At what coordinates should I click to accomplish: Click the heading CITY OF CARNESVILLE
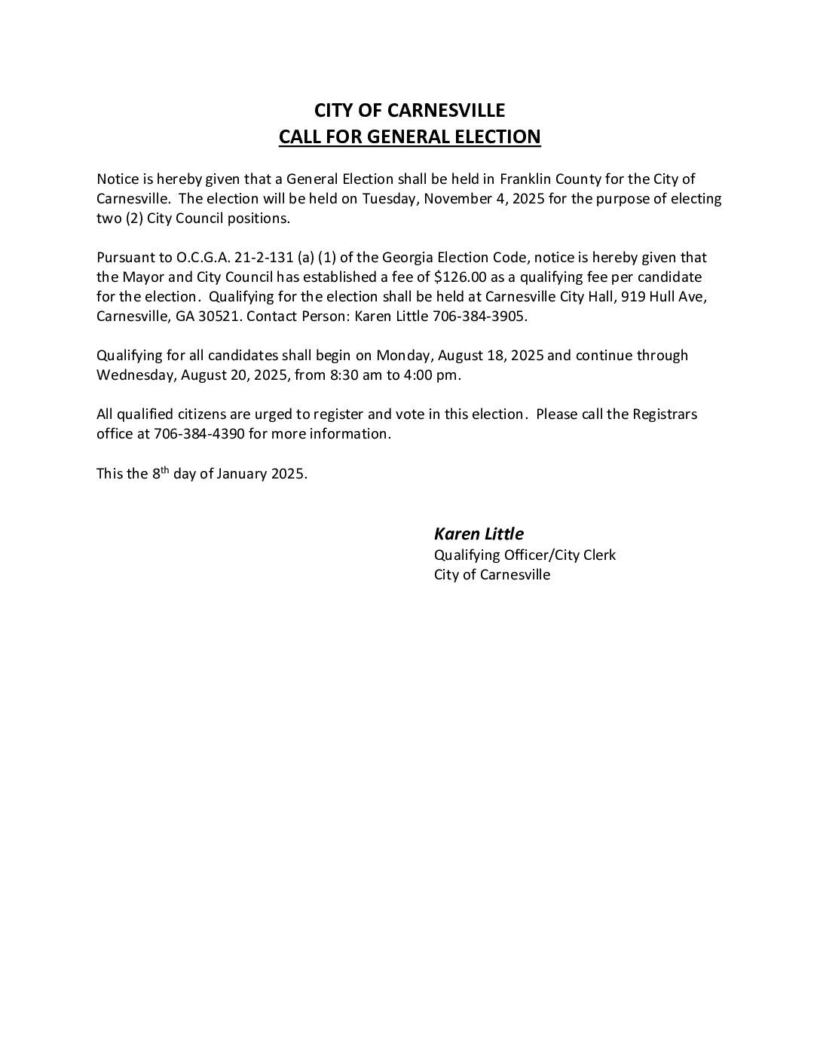coord(409,110)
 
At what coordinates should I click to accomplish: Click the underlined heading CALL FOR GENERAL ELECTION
coord(409,137)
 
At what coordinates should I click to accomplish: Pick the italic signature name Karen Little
coord(479,534)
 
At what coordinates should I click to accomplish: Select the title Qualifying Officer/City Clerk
coord(525,555)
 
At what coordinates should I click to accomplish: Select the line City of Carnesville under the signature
coord(492,575)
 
